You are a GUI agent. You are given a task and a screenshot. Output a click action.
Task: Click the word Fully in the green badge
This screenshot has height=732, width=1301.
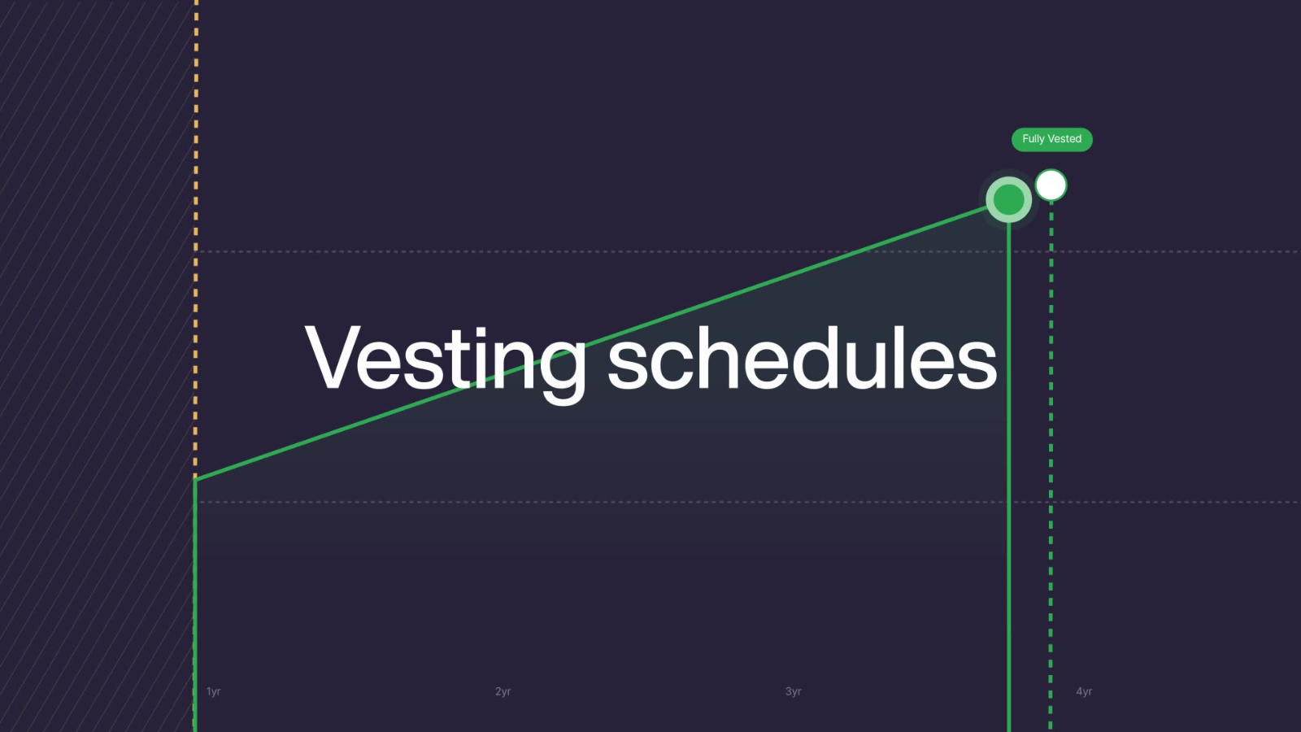[1033, 139]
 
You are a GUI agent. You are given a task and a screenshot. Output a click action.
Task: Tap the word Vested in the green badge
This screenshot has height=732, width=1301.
[1064, 139]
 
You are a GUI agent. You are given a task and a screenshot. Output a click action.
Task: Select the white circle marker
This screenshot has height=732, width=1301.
[1051, 185]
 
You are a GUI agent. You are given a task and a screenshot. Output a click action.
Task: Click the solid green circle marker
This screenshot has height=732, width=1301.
[1009, 199]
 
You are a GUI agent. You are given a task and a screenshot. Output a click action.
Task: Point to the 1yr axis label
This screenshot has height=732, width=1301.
[213, 691]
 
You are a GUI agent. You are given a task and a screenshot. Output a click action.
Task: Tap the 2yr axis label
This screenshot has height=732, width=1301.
[503, 691]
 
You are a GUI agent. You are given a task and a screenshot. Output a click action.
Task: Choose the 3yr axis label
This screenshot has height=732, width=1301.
[794, 691]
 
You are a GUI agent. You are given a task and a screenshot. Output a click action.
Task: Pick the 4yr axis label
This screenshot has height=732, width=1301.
[1084, 691]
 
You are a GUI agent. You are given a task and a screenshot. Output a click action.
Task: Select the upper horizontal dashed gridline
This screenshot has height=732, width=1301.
[650, 251]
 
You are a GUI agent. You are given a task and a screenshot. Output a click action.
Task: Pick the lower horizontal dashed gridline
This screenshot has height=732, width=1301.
[650, 502]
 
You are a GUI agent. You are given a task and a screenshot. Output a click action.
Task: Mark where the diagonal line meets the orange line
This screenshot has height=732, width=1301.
[196, 479]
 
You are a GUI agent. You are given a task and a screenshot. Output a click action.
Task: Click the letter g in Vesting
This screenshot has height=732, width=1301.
[562, 366]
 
